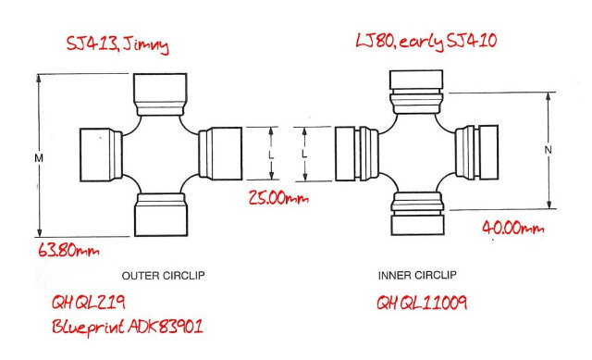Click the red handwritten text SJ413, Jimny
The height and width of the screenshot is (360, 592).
[117, 45]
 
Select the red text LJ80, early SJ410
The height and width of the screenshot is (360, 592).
[425, 41]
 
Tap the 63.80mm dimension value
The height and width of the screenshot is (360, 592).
[68, 250]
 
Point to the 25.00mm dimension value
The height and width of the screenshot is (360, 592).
[278, 198]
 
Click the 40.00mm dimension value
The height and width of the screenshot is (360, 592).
[513, 228]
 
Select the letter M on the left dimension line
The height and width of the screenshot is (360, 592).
[39, 158]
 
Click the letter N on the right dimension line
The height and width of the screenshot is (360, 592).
[549, 150]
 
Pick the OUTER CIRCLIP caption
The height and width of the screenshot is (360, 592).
[163, 276]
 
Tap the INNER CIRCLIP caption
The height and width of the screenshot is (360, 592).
[417, 275]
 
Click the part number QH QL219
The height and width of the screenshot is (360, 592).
[89, 303]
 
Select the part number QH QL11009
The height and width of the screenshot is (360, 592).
[422, 303]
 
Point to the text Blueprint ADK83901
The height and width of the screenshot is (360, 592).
[128, 327]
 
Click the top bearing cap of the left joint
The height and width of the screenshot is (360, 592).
[160, 94]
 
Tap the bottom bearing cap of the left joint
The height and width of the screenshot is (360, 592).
[161, 215]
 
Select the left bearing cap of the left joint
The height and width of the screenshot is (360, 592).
[101, 155]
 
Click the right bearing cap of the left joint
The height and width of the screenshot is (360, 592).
[220, 154]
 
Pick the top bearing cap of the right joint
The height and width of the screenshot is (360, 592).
[416, 92]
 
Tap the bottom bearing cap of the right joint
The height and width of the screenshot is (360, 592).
[417, 214]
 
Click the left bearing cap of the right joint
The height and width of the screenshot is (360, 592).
[357, 154]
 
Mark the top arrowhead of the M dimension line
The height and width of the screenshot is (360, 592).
[39, 78]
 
